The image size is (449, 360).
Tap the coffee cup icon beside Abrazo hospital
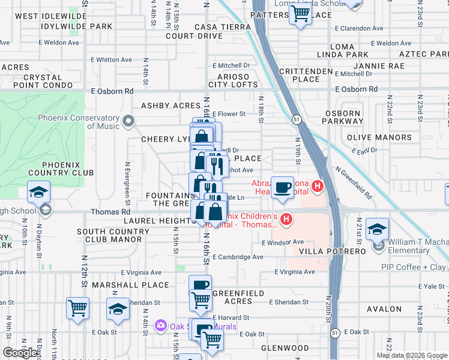(282, 188)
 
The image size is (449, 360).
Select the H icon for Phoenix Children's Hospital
(286, 220)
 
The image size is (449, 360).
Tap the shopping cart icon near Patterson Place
(300, 13)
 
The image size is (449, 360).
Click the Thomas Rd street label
(110, 212)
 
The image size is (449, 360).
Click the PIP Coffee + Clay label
(414, 267)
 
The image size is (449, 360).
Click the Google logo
(20, 353)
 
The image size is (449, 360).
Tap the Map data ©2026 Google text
(412, 355)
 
